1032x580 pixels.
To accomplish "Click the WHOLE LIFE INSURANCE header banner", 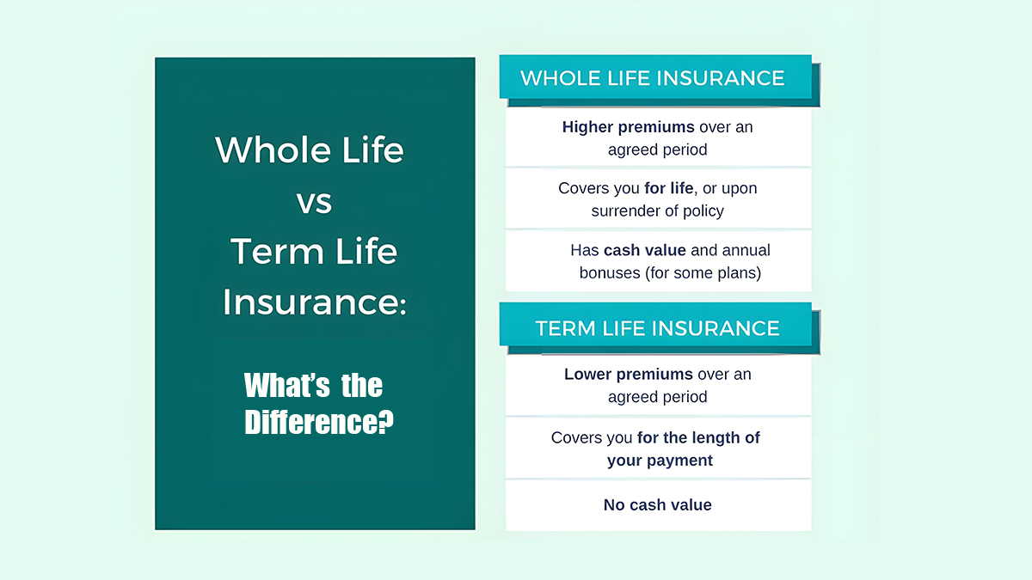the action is [655, 76].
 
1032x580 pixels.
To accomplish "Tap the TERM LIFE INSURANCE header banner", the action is [655, 324].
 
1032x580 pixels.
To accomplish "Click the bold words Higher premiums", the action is [628, 127].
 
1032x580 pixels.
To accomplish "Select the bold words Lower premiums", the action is [629, 375].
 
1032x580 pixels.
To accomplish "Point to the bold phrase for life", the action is [668, 188].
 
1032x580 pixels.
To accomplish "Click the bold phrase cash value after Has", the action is [644, 250].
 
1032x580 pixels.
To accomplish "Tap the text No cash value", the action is [657, 505].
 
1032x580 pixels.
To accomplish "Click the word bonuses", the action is [610, 273].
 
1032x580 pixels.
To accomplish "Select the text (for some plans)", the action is [703, 273].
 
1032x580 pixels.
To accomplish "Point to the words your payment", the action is [660, 461].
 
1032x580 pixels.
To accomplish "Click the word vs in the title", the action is [314, 203].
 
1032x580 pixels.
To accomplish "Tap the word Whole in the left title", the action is [273, 150].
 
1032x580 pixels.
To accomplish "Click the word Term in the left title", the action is [277, 251].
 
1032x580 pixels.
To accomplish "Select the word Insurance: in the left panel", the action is [315, 302].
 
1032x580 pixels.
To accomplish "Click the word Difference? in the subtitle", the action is [319, 422].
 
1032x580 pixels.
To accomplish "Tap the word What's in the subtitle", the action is [287, 385].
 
